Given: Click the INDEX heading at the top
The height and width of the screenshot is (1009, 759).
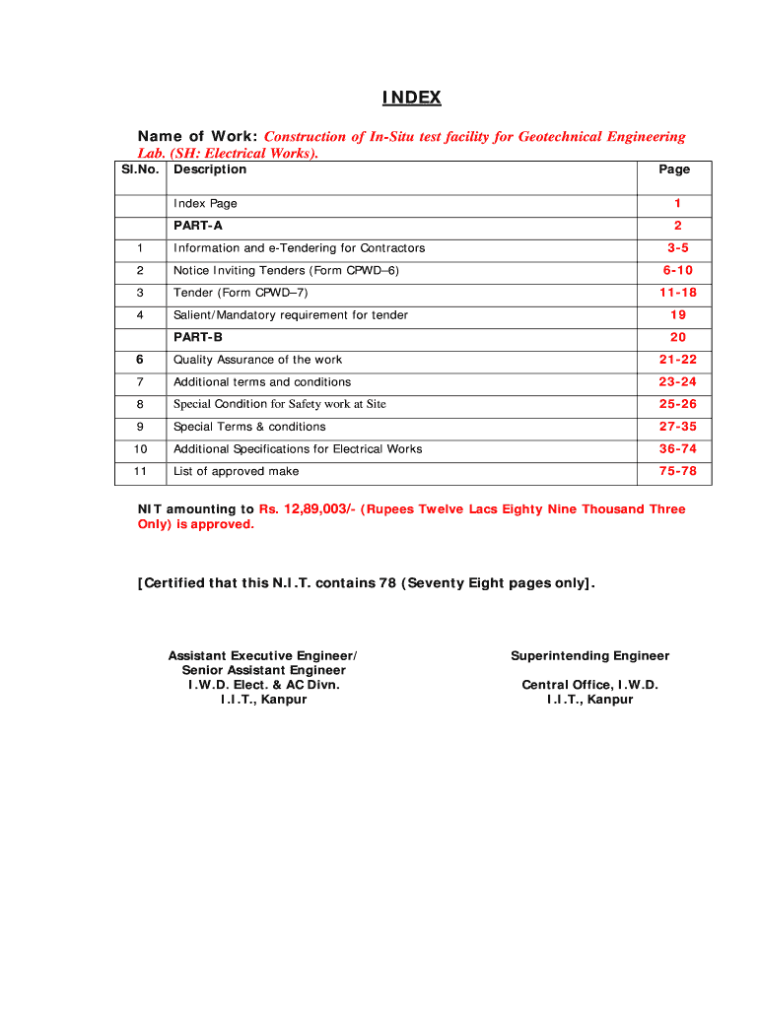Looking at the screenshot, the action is click(412, 98).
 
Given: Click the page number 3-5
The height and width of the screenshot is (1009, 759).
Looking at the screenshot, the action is click(677, 248).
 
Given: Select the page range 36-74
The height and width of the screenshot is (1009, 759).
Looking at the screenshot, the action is click(677, 449).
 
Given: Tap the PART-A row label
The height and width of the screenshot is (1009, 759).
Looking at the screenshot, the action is click(198, 226).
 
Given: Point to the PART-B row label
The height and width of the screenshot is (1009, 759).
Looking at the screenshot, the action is click(198, 337).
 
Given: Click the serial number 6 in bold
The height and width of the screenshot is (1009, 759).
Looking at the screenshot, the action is click(140, 360).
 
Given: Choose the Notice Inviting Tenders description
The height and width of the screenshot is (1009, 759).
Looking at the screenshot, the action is click(286, 270).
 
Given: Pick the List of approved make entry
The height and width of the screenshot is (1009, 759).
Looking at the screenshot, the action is click(236, 471).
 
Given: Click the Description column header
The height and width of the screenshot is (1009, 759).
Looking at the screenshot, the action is click(210, 169).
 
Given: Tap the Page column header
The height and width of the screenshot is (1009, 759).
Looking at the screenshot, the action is click(674, 169).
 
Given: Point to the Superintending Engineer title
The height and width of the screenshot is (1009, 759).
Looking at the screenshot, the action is click(589, 656).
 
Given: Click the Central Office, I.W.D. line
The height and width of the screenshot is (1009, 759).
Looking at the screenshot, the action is click(589, 685).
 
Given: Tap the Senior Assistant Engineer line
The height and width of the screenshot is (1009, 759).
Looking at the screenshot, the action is click(263, 670).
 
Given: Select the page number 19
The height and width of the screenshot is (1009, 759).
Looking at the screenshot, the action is click(677, 315).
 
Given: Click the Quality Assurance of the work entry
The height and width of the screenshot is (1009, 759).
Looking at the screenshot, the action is click(257, 360).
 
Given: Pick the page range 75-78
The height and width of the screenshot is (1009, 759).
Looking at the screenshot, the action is click(677, 472).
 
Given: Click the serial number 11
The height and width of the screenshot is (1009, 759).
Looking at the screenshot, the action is click(140, 471).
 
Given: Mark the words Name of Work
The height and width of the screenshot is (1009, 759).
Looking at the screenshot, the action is click(197, 137).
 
